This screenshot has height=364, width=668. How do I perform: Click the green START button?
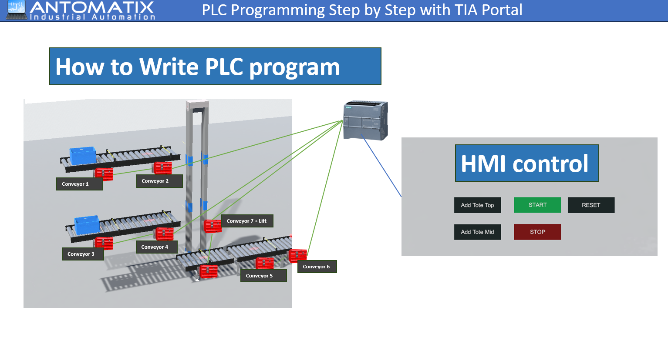click(x=537, y=205)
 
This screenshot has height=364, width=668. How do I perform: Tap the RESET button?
click(x=591, y=205)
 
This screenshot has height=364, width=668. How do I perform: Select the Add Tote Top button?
click(x=477, y=205)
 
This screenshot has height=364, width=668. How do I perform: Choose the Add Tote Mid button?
click(x=477, y=232)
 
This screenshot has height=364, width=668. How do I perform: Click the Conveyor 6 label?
click(x=317, y=267)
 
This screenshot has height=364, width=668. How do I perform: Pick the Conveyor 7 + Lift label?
click(x=247, y=221)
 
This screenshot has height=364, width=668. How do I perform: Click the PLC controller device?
click(x=365, y=120)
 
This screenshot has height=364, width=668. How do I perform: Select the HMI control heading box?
click(x=527, y=163)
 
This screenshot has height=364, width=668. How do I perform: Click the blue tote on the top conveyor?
click(x=83, y=156)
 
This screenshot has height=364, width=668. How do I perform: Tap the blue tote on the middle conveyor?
click(x=87, y=224)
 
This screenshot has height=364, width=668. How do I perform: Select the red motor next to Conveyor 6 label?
click(x=298, y=255)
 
